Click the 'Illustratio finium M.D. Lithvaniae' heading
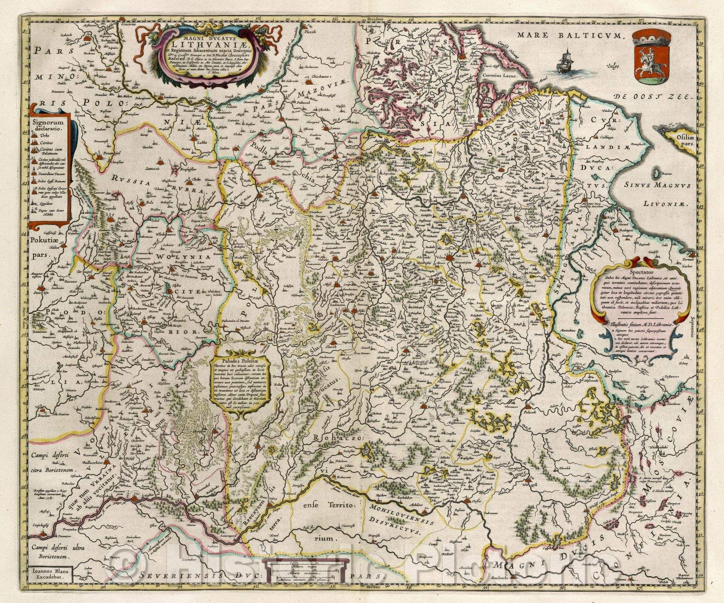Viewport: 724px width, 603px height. tap(641, 324)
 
